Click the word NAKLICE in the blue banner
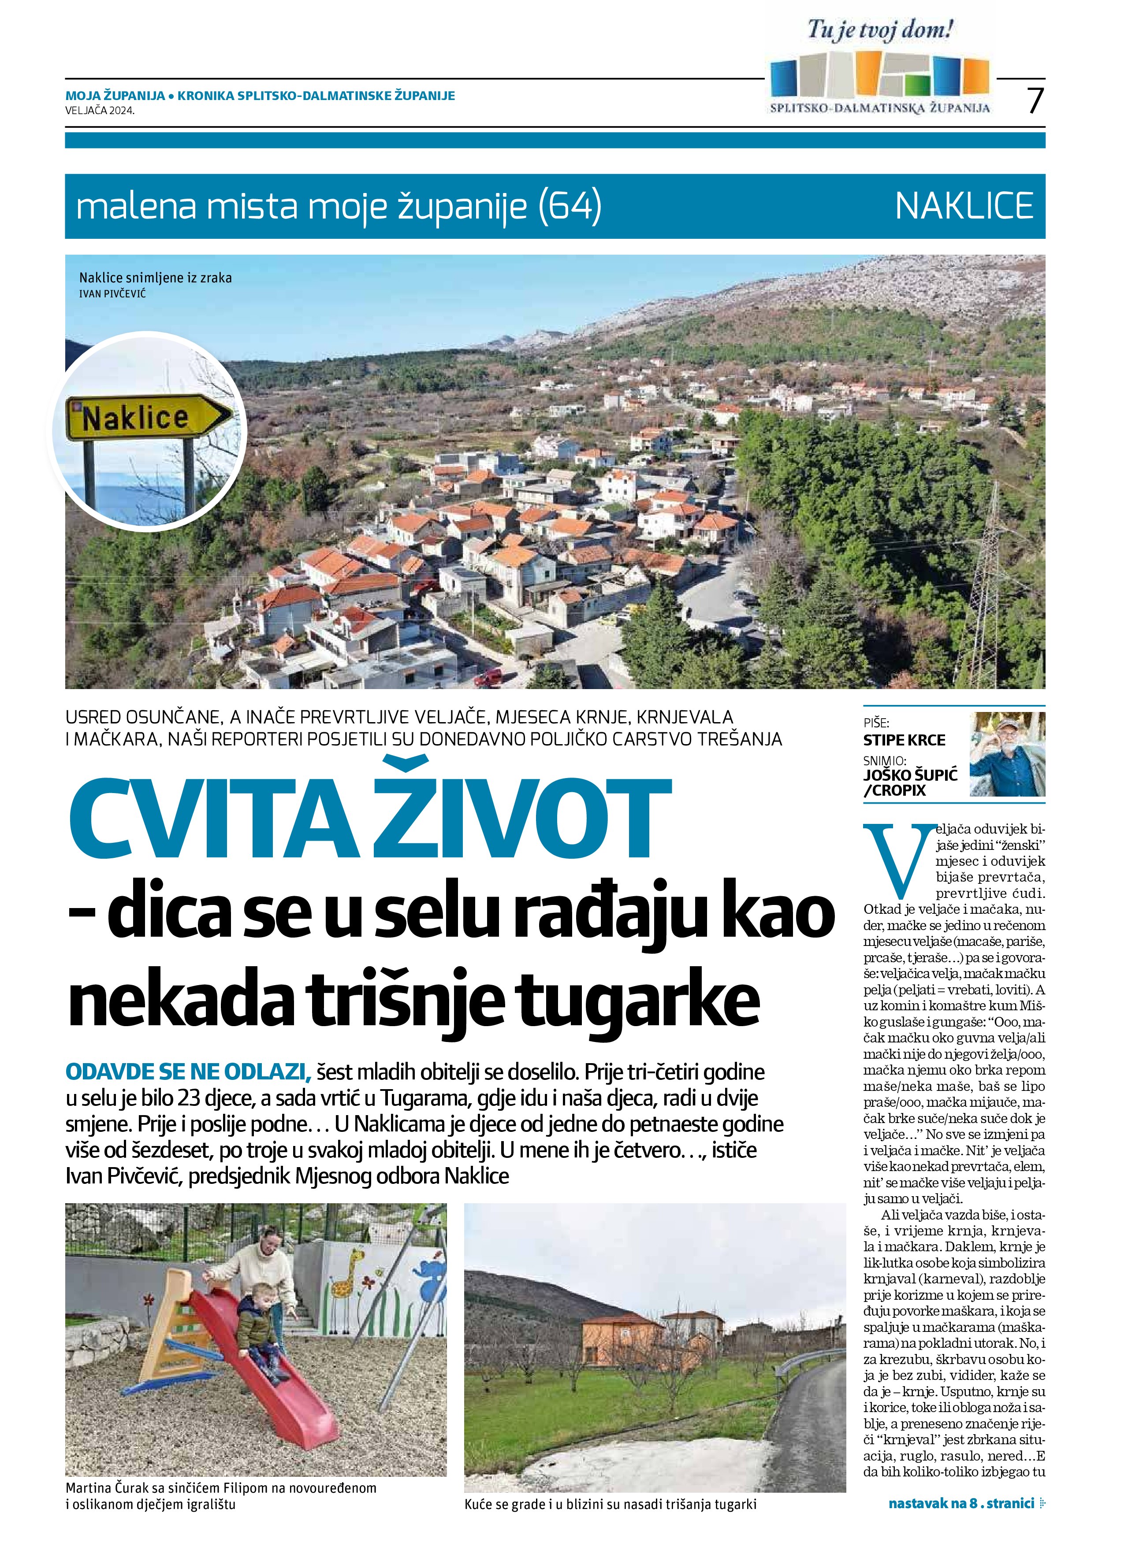(x=964, y=205)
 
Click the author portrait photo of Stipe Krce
(x=1007, y=754)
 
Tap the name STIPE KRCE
(x=904, y=741)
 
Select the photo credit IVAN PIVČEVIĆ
(x=112, y=294)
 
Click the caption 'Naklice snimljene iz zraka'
(x=156, y=278)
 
